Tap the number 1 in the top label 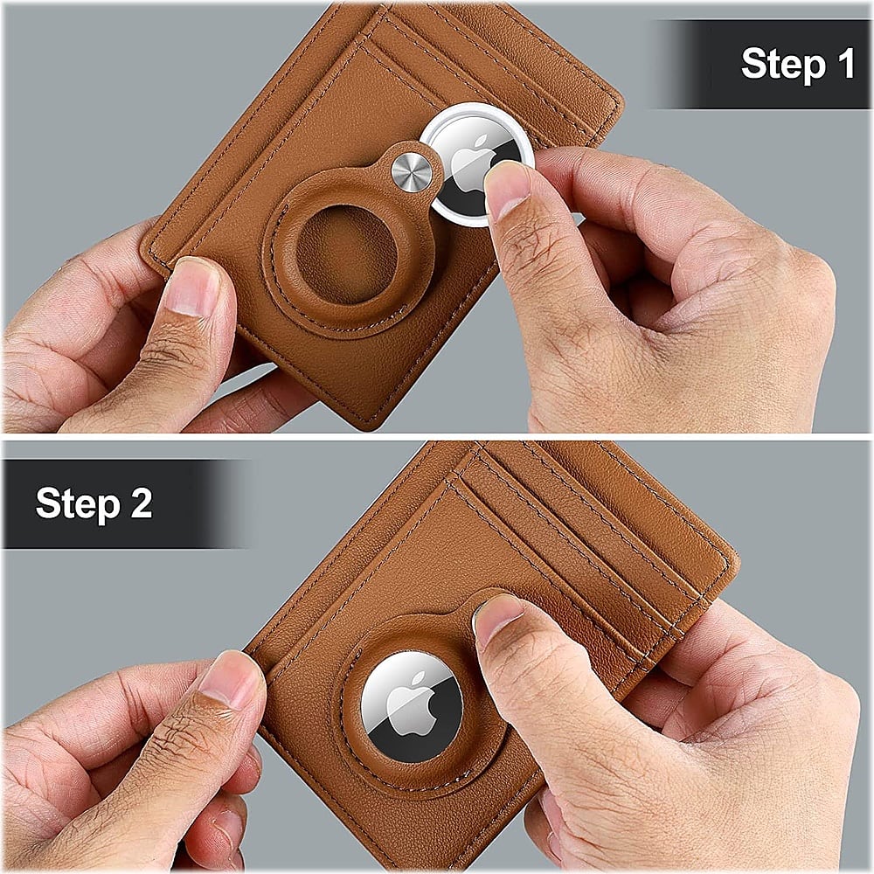844,64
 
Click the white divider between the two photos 437,436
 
